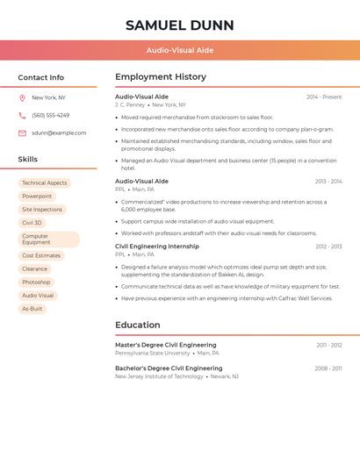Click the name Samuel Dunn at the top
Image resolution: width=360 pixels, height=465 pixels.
coord(179,25)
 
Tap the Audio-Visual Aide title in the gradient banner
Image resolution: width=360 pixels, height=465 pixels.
coord(179,50)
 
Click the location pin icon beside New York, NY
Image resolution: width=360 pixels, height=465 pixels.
coord(22,97)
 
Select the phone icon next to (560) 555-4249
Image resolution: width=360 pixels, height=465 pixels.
coord(22,115)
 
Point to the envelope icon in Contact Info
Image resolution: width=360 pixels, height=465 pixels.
coord(22,133)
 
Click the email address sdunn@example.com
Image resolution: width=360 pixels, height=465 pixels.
coord(59,133)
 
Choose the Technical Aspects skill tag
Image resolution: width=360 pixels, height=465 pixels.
coord(45,183)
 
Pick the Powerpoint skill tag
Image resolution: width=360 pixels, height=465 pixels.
coord(37,197)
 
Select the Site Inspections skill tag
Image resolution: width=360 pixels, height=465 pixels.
coord(42,210)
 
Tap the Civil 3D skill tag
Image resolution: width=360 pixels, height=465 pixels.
coord(32,223)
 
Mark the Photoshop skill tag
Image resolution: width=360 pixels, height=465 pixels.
coord(36,283)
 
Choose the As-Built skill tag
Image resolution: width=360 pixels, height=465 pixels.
coord(32,309)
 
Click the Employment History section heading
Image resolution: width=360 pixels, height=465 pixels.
coord(160,77)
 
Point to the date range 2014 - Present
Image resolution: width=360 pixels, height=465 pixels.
coord(324,97)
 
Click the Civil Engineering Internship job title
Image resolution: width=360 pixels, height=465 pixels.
coord(157,247)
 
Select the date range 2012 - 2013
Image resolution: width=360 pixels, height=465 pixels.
coord(328,247)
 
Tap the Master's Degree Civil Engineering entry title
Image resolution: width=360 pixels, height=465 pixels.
coord(165,345)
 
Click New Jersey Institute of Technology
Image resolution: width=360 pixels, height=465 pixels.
coord(159,376)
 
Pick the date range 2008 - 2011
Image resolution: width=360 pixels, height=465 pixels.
coord(328,368)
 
